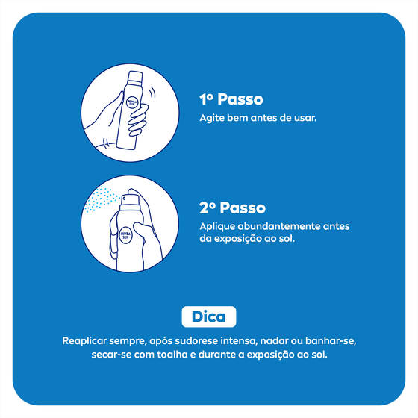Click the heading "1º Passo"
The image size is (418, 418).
(x=231, y=99)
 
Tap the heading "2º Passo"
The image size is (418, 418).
(x=232, y=208)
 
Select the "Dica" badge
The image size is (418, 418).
(x=209, y=316)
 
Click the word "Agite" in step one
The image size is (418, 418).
(x=213, y=119)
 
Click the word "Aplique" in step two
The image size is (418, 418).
(x=217, y=227)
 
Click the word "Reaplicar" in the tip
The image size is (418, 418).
(x=88, y=341)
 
